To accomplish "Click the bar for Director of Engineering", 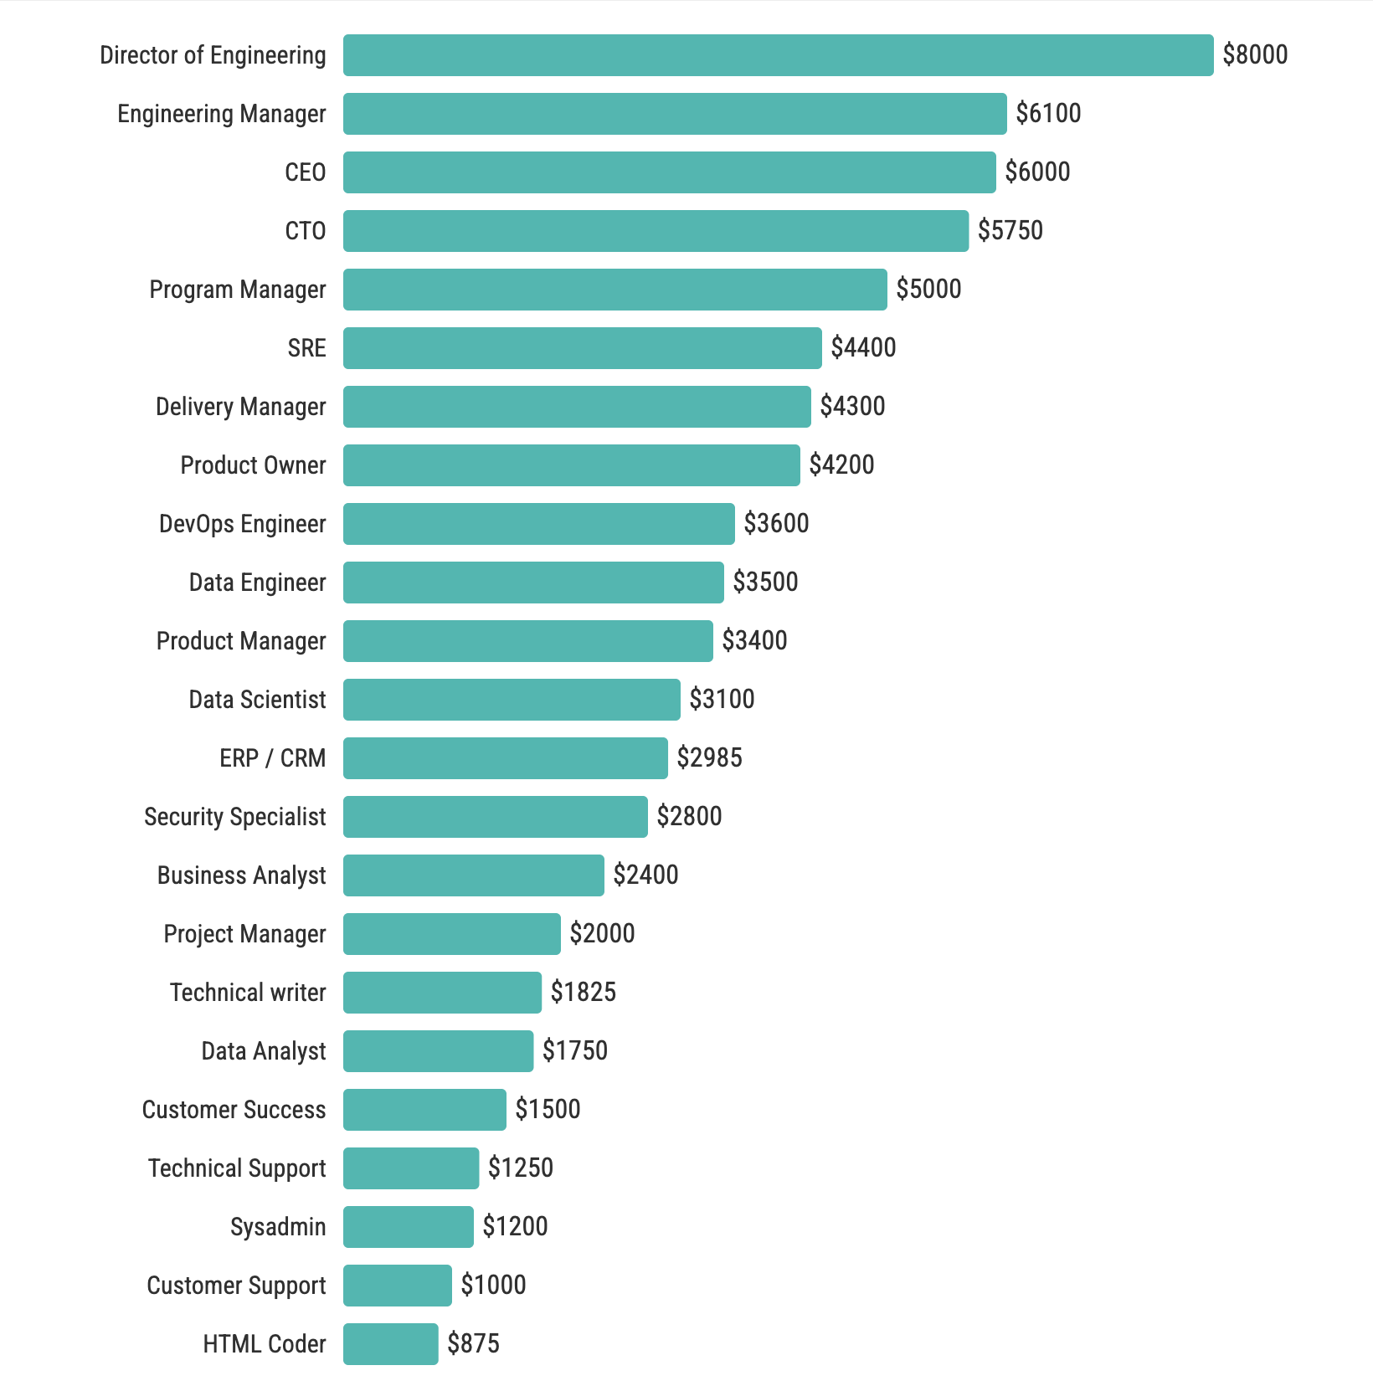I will coord(778,55).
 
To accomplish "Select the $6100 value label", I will coord(1048,113).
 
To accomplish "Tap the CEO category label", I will coord(305,172).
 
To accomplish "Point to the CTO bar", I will coord(656,231).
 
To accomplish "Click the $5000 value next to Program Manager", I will coord(928,289).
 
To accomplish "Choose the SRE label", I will coord(306,348).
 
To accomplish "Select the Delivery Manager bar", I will coord(577,407).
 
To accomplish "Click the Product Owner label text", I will coord(253,465).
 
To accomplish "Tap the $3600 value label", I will coord(776,523).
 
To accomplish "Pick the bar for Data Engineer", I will coord(533,583).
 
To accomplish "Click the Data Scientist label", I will coord(257,700).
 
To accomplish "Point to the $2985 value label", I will coord(709,757).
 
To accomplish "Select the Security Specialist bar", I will coord(495,817).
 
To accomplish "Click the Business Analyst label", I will coord(241,875).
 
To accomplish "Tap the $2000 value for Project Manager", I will coord(602,933).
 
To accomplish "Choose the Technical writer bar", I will coord(442,993).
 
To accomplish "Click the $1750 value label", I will coord(574,1050).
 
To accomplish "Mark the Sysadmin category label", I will coord(278,1227).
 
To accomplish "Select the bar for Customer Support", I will coord(397,1286).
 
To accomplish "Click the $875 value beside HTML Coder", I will coord(473,1343).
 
